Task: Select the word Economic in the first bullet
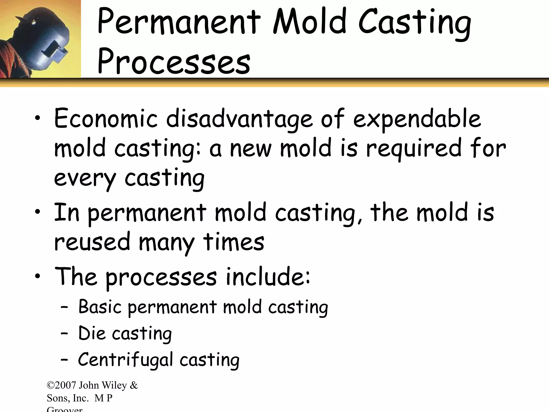[x=106, y=119]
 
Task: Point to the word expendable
[x=417, y=119]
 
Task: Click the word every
[x=85, y=178]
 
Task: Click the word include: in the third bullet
[x=268, y=277]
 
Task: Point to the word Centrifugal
[x=125, y=360]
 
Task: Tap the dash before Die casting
[x=64, y=334]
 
